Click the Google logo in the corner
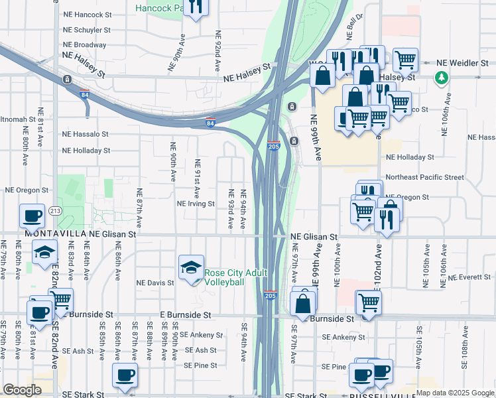click(x=22, y=390)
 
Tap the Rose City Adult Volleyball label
click(x=235, y=277)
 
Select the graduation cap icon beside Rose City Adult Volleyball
click(x=191, y=267)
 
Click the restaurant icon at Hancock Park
click(x=195, y=7)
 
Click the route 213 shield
click(x=55, y=211)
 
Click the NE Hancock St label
click(x=87, y=13)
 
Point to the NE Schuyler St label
click(x=87, y=30)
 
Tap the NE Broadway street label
click(x=84, y=45)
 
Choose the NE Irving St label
click(x=196, y=204)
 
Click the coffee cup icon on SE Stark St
click(x=125, y=375)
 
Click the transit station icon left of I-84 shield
click(x=67, y=80)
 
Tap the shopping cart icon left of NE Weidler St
click(x=405, y=60)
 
